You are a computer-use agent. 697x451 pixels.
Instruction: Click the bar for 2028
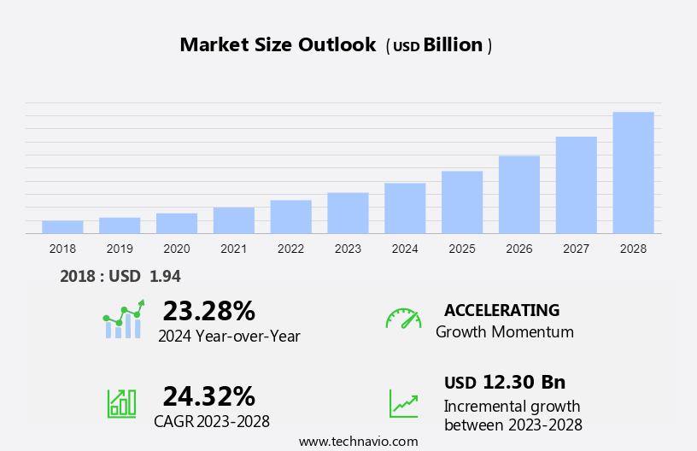coord(633,173)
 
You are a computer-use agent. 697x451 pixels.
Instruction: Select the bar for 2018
coord(62,227)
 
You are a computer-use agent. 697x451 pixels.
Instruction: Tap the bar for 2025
coord(462,202)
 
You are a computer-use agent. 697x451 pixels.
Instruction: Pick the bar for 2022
coord(290,217)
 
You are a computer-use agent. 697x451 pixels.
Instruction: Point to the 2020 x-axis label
coord(177,249)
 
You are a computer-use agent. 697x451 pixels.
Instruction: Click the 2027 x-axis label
coord(576,249)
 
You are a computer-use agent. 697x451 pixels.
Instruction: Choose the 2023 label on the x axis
coord(348,249)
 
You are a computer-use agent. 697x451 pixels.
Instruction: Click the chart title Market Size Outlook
coord(278,45)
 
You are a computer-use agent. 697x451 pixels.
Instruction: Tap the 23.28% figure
coord(208,310)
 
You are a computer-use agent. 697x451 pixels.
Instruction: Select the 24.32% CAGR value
coord(208,395)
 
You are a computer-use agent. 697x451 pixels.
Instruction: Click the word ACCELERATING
coord(501,310)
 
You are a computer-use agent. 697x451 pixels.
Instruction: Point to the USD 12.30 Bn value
coord(505,382)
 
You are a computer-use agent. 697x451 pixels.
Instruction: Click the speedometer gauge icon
coord(403,319)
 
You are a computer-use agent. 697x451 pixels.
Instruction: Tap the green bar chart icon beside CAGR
coord(121,402)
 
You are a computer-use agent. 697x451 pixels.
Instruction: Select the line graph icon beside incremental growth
coord(403,403)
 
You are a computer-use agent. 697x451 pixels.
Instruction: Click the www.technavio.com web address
coord(358,442)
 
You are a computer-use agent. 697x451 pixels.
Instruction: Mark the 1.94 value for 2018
coord(165,276)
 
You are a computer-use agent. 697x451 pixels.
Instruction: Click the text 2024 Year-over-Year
coord(229,336)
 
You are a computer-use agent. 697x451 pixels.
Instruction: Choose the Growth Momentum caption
coord(504,331)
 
